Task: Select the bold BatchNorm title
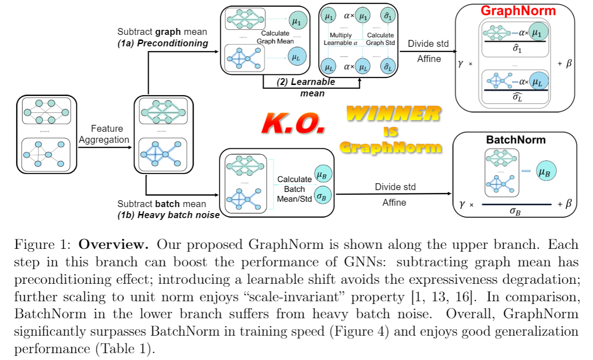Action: [x=516, y=140]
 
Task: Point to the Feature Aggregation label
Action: [x=104, y=134]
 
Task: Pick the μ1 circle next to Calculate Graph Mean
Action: [x=296, y=21]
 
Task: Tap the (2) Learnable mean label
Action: [x=305, y=87]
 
